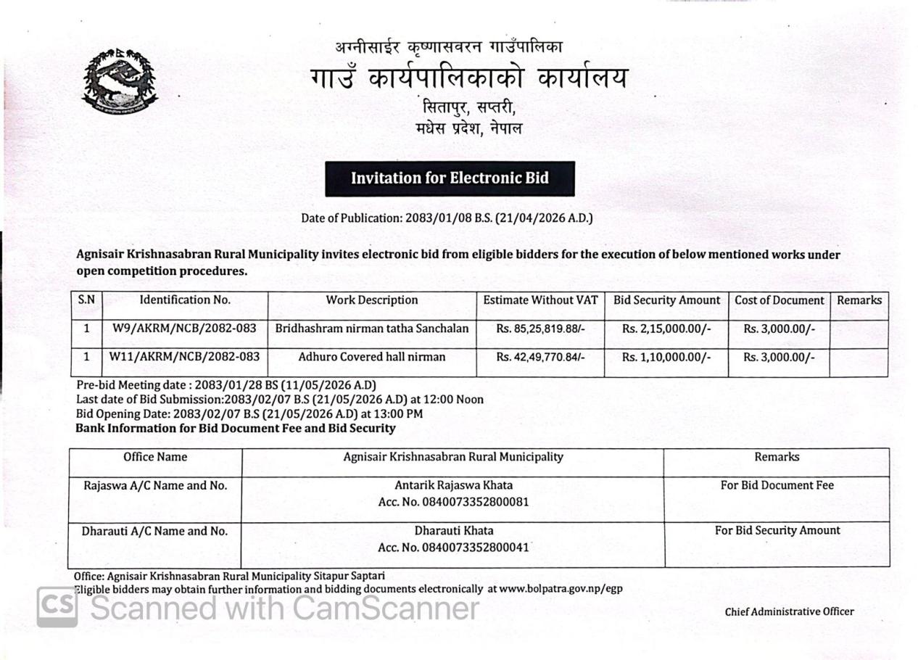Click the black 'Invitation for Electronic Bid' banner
click(x=450, y=178)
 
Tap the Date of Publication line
click(x=447, y=218)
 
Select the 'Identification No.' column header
click(x=185, y=300)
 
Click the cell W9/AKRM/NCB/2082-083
click(x=184, y=329)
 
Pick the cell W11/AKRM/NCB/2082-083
click(x=184, y=357)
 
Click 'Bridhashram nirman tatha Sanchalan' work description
click(x=372, y=329)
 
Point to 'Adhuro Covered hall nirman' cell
click(x=372, y=357)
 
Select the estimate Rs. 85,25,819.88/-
click(x=540, y=329)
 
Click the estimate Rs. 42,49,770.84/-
click(x=540, y=357)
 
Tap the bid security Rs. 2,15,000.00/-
click(x=666, y=329)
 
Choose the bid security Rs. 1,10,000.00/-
click(x=666, y=357)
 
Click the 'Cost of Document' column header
click(x=779, y=300)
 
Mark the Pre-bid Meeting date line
click(x=226, y=385)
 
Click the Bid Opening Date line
click(x=249, y=414)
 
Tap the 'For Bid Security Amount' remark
click(x=777, y=531)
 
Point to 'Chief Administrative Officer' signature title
click(x=789, y=611)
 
